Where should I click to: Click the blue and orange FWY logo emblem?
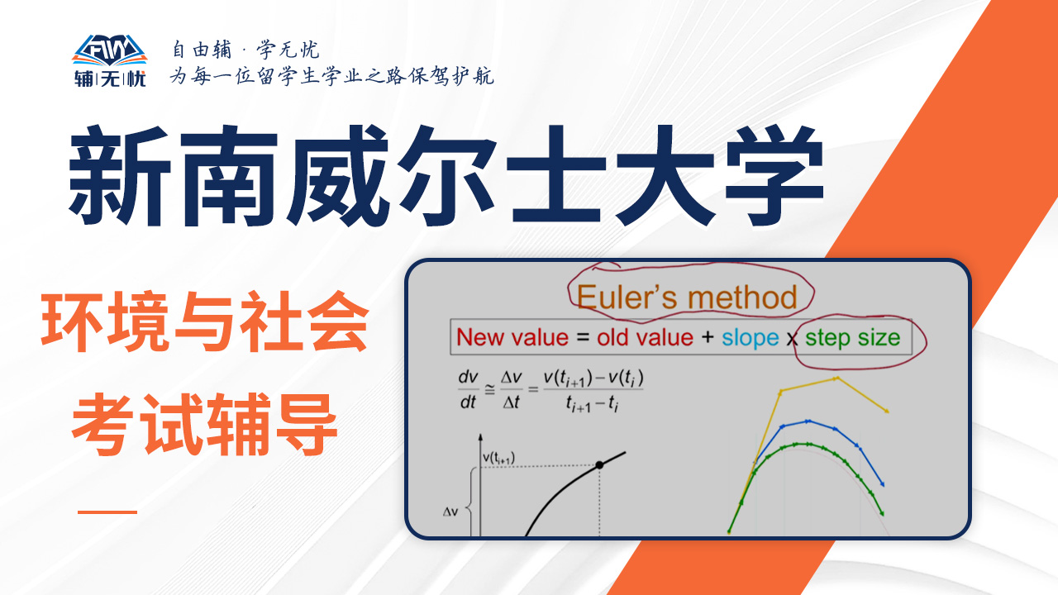[x=110, y=50]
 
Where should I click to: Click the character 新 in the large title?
[x=119, y=176]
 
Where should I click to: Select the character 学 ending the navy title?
[x=774, y=176]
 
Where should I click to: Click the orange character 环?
[x=72, y=322]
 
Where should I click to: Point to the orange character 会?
[x=337, y=322]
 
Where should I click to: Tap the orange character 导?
[x=306, y=424]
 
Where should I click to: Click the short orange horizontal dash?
[x=107, y=512]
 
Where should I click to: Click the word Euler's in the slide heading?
[x=627, y=297]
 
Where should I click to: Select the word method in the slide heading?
[x=742, y=297]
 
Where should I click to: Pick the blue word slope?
[x=750, y=339]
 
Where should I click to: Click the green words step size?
[x=852, y=339]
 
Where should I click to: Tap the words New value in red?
[x=512, y=338]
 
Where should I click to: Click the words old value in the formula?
[x=645, y=338]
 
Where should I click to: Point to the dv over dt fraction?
[x=468, y=390]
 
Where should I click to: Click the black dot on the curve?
[x=599, y=465]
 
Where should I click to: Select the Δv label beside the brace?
[x=450, y=512]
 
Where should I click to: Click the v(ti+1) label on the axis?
[x=498, y=458]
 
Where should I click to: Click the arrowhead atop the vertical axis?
[x=480, y=437]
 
